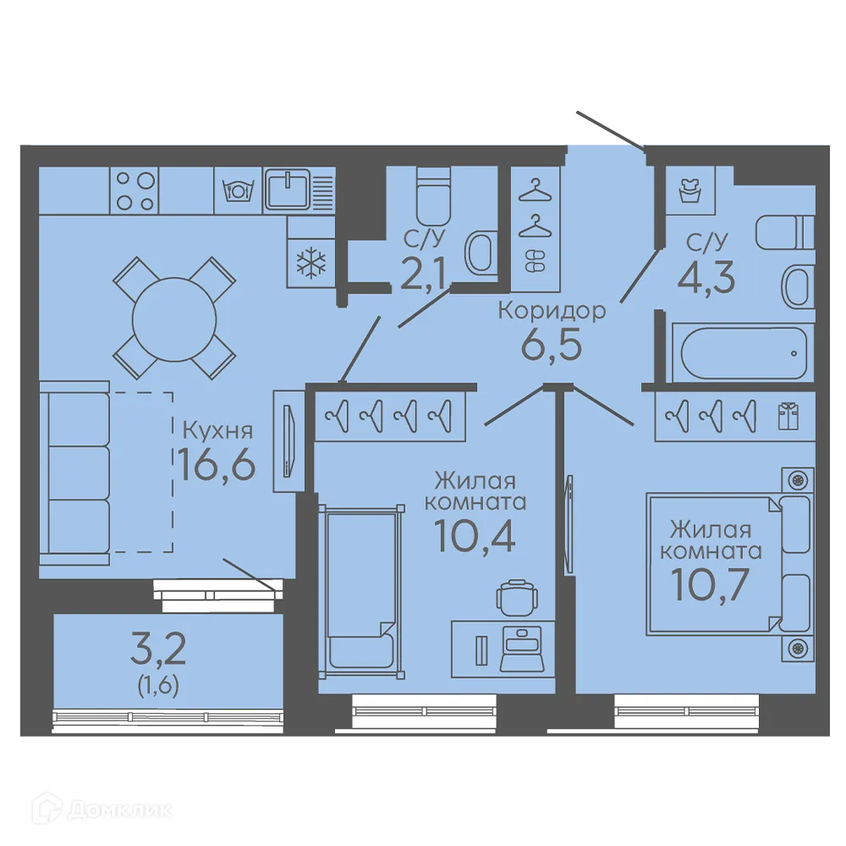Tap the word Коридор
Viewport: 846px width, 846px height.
tap(552, 311)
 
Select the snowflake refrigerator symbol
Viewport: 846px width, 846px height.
tap(311, 264)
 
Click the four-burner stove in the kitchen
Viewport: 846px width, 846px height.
tap(135, 190)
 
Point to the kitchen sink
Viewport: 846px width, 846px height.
tap(287, 189)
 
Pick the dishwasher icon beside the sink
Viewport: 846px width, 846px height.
tap(238, 190)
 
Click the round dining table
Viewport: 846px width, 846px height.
tap(174, 320)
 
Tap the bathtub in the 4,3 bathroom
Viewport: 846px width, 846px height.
tap(743, 352)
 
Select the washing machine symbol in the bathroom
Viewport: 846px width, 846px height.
tap(689, 190)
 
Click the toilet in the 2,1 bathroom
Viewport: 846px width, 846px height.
tap(432, 196)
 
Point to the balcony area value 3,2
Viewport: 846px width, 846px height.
tap(158, 650)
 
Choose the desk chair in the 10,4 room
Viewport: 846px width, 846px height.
tap(518, 597)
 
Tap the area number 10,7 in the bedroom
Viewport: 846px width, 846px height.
tap(710, 585)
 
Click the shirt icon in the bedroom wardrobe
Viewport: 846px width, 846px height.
tap(788, 416)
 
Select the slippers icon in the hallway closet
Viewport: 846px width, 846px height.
tap(536, 261)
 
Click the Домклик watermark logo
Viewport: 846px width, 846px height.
tap(102, 810)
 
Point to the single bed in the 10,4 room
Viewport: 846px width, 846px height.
tap(361, 591)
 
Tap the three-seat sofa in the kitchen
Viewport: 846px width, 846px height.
tap(74, 473)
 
